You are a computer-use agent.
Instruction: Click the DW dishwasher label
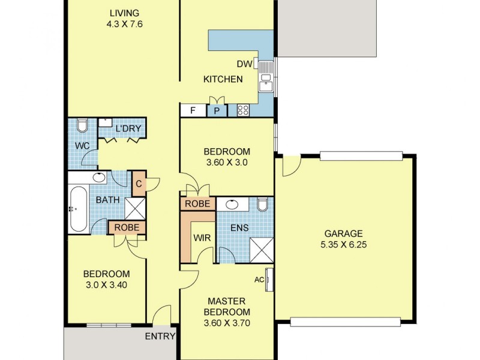click(x=244, y=64)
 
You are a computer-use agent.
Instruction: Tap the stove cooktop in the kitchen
click(x=243, y=110)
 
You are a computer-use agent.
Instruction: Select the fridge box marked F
click(x=193, y=110)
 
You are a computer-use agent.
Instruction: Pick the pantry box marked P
click(x=217, y=110)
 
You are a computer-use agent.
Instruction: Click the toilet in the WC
click(x=82, y=125)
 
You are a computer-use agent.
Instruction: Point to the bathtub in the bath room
click(x=78, y=209)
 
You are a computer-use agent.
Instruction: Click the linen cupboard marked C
click(x=139, y=184)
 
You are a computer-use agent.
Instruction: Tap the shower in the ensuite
click(x=262, y=250)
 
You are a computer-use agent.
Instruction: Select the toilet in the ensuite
click(x=263, y=204)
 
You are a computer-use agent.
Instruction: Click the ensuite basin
click(x=232, y=204)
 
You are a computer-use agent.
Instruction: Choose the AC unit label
click(x=259, y=280)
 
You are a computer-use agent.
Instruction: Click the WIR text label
click(x=202, y=238)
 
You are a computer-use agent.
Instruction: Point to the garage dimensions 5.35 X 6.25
click(x=343, y=245)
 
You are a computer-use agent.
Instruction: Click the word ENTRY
click(x=160, y=337)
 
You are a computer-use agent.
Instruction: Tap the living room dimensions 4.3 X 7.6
click(x=125, y=24)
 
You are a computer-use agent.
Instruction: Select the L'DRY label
click(x=128, y=128)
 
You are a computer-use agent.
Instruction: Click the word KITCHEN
click(x=223, y=79)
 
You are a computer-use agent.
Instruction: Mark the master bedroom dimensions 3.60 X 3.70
click(x=227, y=323)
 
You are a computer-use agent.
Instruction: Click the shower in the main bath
click(x=135, y=208)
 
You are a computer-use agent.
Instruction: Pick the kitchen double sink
click(x=266, y=76)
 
